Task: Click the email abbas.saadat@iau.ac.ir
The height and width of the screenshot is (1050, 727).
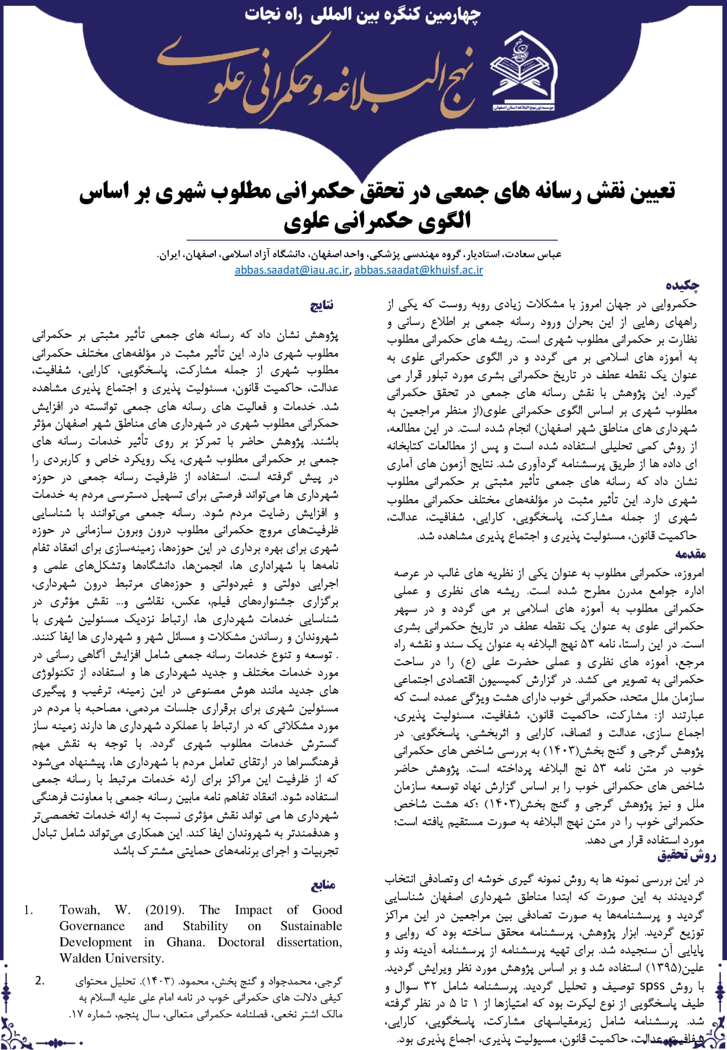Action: [292, 270]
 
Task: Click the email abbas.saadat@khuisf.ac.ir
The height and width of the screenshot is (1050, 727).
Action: [418, 270]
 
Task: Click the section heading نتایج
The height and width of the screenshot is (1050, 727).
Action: [321, 306]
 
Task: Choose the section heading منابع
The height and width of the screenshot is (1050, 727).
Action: [322, 885]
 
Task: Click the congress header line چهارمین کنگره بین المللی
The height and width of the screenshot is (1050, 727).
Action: [362, 15]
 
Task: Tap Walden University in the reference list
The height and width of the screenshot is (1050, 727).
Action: [112, 958]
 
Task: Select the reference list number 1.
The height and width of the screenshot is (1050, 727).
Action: [29, 911]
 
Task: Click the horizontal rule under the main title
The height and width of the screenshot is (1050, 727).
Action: [372, 240]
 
